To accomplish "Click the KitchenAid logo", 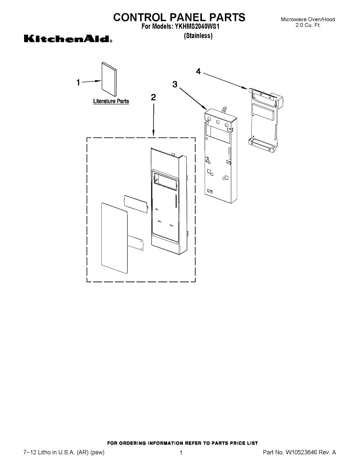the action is [x=68, y=39].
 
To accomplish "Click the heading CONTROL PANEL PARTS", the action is [x=179, y=17].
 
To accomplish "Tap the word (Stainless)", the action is [x=198, y=36].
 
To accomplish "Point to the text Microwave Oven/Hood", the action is [x=308, y=19].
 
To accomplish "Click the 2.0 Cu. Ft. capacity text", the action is [x=308, y=25].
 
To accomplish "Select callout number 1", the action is [x=78, y=82].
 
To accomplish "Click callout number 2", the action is [x=153, y=98].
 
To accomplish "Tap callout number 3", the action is [x=175, y=84].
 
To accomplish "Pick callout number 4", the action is [x=198, y=71].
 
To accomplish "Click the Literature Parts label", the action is [x=111, y=101].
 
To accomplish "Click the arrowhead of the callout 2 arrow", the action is [x=154, y=134].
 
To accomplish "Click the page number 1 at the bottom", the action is [x=181, y=453].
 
